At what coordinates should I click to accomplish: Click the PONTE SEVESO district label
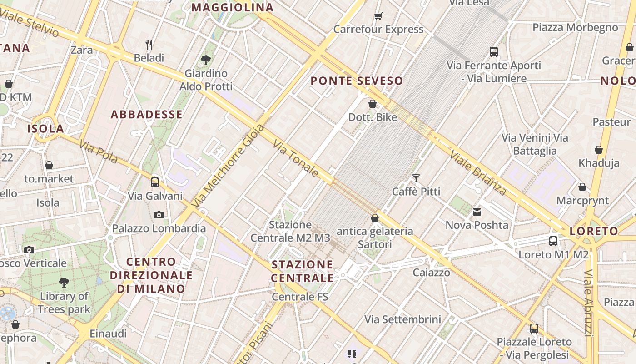357,81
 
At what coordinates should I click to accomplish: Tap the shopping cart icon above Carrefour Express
378,16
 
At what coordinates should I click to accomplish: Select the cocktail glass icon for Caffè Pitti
416,178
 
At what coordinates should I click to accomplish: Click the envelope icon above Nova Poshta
477,212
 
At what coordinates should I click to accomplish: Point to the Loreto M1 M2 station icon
553,241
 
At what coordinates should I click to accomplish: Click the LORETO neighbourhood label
594,231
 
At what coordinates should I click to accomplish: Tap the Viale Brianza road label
478,173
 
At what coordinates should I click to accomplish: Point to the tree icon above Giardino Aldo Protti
206,60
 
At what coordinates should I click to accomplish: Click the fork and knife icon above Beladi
149,44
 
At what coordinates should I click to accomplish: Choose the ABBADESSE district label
147,115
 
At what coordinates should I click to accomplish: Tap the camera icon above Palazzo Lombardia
159,215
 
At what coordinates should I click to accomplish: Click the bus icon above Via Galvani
155,182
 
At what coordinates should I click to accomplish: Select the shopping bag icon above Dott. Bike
373,104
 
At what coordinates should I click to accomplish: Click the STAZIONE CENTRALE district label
303,271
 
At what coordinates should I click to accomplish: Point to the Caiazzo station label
431,273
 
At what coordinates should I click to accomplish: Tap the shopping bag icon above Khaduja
599,150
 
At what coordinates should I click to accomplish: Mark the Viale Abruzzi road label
589,303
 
